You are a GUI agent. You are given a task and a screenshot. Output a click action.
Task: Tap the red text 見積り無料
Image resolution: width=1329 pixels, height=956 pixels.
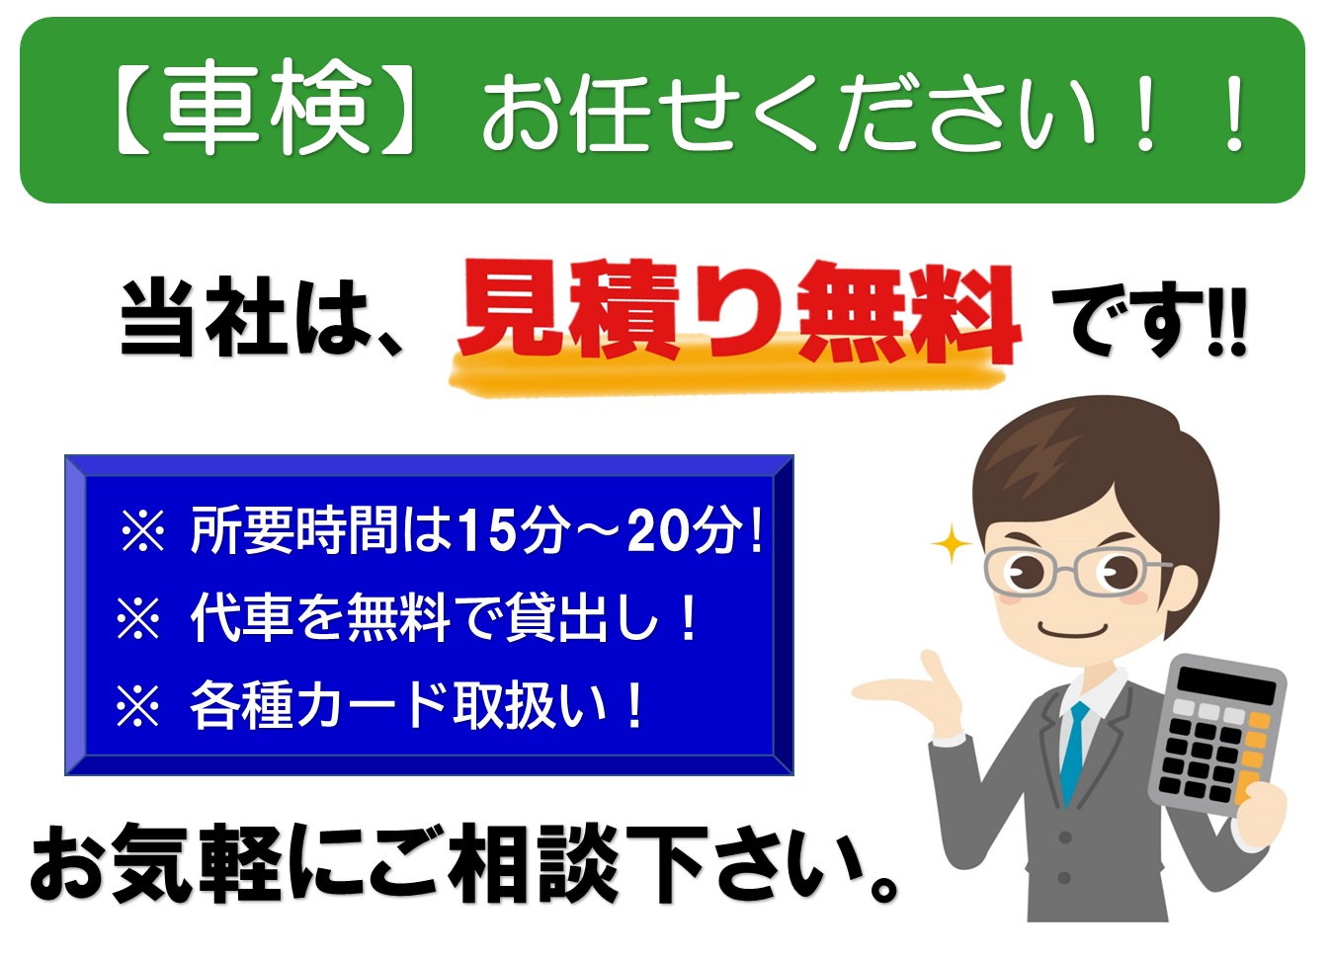coord(740,311)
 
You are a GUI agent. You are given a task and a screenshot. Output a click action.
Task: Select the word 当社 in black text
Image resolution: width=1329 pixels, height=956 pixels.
coord(205,316)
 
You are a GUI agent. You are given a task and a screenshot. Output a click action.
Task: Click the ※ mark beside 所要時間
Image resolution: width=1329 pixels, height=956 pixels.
coord(143,530)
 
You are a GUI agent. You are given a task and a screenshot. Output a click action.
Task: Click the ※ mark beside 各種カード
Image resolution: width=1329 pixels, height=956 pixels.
coord(138,706)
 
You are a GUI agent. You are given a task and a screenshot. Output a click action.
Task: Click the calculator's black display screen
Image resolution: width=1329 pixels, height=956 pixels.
coord(1226,684)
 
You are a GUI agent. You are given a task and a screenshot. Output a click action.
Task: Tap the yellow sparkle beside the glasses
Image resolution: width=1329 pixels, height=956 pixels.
coord(952,543)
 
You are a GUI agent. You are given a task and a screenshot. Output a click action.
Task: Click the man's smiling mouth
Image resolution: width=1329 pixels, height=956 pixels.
coord(1072,629)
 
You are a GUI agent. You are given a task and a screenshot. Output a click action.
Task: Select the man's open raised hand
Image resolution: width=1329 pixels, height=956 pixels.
coord(914,691)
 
